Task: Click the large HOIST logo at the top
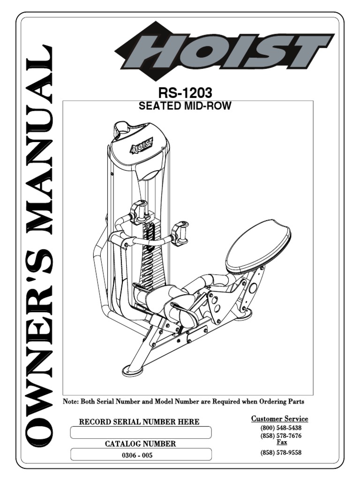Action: [x=225, y=52]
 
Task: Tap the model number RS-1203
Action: [x=185, y=92]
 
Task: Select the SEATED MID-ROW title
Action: [x=185, y=106]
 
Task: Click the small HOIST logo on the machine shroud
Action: [x=142, y=147]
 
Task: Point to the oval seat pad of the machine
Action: [x=258, y=248]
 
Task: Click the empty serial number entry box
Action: [x=141, y=432]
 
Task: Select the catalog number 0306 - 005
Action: [x=137, y=455]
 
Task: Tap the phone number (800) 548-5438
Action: [x=281, y=427]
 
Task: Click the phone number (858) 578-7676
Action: [x=281, y=435]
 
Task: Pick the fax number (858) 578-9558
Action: [x=281, y=452]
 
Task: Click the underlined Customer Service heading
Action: [x=279, y=419]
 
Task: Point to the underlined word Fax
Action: [x=282, y=442]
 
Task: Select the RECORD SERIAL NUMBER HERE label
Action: [x=139, y=422]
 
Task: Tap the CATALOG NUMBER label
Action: [x=140, y=444]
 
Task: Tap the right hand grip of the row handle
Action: [x=180, y=232]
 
